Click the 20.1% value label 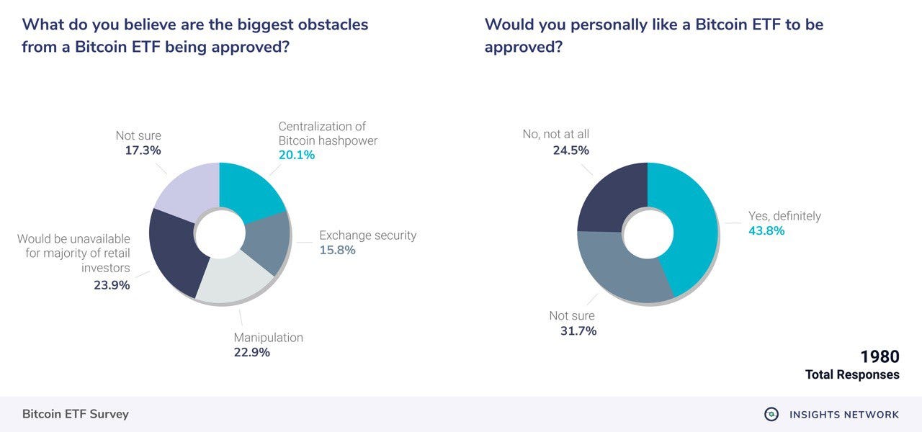[x=297, y=155]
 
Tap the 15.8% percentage [x=338, y=250]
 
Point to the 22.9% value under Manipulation [x=251, y=352]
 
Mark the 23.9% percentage [x=112, y=285]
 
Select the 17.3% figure [x=143, y=150]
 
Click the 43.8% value [x=766, y=231]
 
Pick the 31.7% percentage [x=578, y=330]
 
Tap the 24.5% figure [x=570, y=150]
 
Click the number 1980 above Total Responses [x=880, y=357]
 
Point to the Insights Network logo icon [x=771, y=414]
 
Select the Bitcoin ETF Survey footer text [x=76, y=414]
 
